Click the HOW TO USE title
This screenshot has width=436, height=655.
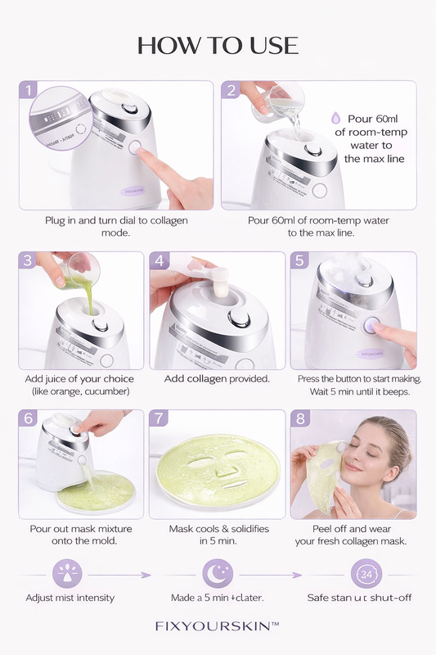click(218, 44)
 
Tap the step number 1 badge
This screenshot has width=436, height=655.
click(29, 91)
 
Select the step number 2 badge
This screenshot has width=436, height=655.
click(231, 91)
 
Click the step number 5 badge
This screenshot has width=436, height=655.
click(301, 262)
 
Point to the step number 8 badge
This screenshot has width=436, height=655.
click(301, 420)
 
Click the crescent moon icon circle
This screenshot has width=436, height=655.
click(217, 574)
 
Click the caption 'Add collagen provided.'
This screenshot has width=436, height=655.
click(217, 379)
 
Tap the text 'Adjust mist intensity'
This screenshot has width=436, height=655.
click(70, 598)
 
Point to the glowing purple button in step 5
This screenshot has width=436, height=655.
click(370, 325)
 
